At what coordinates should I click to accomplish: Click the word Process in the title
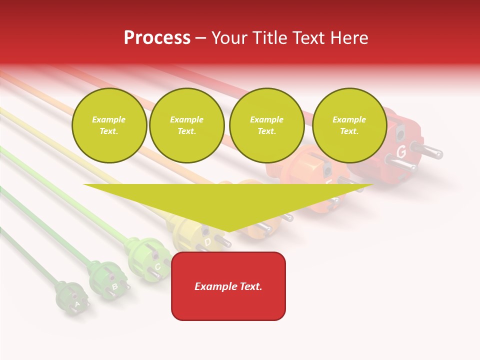pos(157,37)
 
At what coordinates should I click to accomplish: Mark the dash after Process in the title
pos(201,38)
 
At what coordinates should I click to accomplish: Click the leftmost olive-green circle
pos(109,125)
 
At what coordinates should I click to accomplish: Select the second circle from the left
pos(187,125)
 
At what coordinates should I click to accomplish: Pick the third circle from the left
pos(267,125)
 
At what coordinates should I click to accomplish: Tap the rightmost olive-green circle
pos(349,125)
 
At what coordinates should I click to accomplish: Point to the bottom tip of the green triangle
pos(228,231)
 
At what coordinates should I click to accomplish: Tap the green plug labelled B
pos(107,281)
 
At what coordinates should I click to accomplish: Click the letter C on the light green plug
pos(157,266)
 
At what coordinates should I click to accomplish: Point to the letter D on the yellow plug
pos(207,242)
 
